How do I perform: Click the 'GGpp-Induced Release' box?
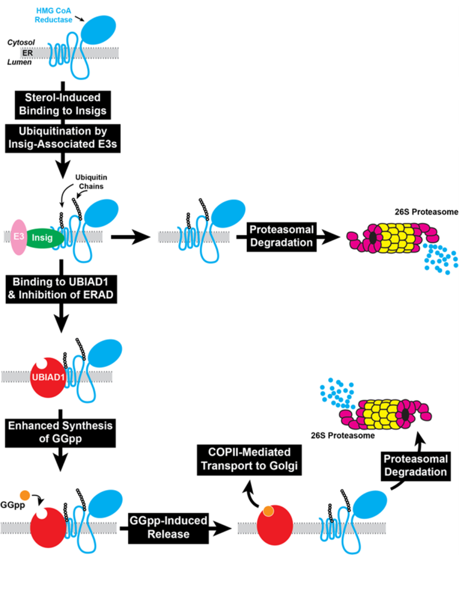[170, 527]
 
